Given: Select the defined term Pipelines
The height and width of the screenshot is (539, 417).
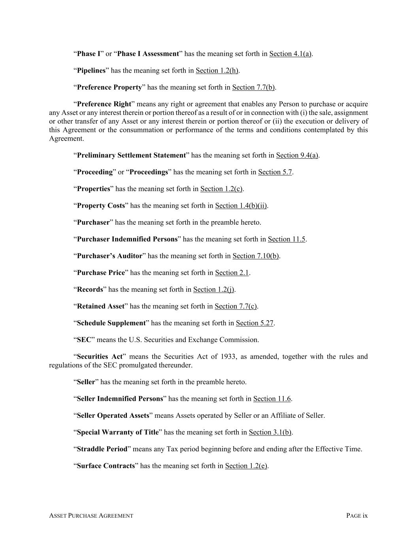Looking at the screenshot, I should (91, 71).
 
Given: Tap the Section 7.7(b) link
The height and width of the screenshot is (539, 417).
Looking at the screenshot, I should (253, 87).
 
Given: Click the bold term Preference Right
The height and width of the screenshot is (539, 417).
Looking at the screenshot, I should (104, 104).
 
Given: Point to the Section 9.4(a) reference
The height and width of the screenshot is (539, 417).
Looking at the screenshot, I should (297, 155).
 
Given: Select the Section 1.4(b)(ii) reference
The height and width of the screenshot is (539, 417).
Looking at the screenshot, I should (241, 206).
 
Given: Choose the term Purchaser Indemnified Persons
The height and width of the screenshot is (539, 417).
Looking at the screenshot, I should (127, 239).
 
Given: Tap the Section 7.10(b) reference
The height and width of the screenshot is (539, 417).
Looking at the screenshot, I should (256, 256).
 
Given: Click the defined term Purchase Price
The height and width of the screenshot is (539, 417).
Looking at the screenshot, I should (101, 273).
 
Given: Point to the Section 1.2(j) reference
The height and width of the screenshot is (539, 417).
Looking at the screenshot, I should (214, 289).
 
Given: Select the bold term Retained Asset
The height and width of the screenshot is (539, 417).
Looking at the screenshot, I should (101, 306).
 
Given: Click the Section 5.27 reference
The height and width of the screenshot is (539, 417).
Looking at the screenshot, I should (255, 323).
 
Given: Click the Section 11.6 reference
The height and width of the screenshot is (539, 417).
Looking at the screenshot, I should (272, 399).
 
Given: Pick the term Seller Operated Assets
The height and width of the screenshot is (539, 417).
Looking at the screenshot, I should (113, 416).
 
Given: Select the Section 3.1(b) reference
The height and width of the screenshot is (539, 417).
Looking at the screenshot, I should (270, 432).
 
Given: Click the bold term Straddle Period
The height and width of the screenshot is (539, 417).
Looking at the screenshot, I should (102, 449).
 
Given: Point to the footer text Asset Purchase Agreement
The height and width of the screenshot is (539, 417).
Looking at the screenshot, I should (91, 516).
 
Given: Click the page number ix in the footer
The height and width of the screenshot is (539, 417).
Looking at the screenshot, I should (365, 516).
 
